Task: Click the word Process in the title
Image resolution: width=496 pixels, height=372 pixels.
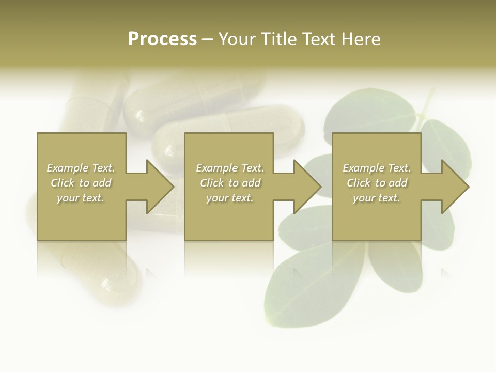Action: pos(162,39)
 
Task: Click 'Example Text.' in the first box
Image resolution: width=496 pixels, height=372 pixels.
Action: pos(81,168)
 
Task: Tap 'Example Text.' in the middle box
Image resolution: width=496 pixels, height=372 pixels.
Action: pos(229,168)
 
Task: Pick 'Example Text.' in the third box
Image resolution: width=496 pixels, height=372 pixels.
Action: pos(377,168)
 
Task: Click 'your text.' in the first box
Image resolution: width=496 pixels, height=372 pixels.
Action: pos(81,198)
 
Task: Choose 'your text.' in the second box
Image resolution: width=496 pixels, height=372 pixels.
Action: pos(229,198)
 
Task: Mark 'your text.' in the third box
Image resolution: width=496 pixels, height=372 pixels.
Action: pos(377,198)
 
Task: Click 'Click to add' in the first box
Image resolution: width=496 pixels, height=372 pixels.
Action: pos(81,183)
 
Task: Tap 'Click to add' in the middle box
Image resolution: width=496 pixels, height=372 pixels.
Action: pos(229,183)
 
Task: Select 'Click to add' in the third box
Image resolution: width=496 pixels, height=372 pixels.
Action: pos(377,183)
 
